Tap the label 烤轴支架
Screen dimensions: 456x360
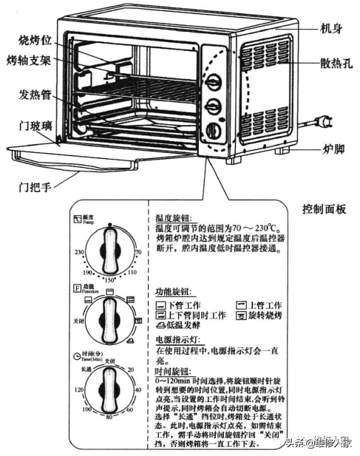pos(27,58)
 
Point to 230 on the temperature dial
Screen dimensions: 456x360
pos(78,252)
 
